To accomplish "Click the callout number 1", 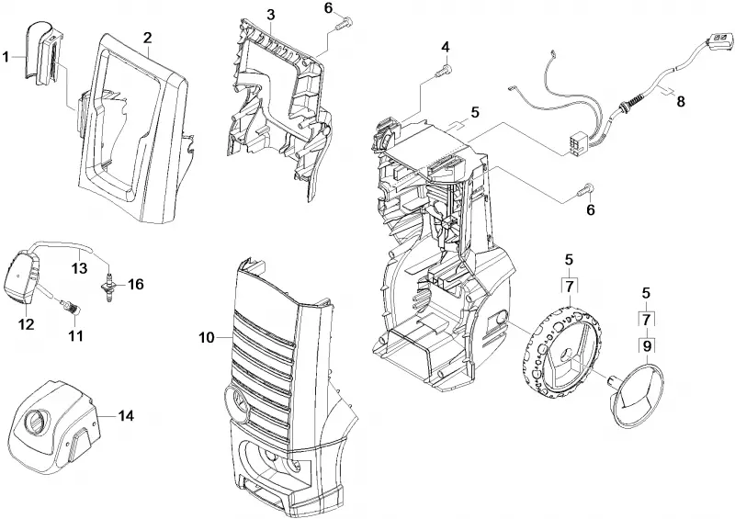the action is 6,58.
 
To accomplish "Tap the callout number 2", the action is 148,38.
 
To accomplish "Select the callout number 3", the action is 271,15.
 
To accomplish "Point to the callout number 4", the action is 446,47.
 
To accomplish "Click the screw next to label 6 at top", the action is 345,21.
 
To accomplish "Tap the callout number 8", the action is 681,101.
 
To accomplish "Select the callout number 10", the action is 207,337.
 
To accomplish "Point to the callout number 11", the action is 75,335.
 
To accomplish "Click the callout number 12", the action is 26,323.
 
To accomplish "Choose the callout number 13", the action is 80,268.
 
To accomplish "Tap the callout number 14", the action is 126,415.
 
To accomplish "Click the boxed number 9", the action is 647,346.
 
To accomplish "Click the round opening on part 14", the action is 35,419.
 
